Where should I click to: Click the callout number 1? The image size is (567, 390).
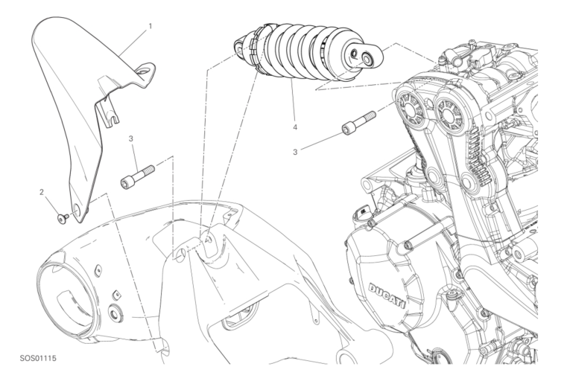click(150, 26)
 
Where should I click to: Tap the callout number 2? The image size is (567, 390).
click(42, 192)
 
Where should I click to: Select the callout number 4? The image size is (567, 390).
click(295, 127)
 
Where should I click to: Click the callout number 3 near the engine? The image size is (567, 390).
click(295, 152)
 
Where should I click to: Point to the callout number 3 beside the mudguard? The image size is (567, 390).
click(131, 138)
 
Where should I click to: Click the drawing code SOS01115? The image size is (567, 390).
click(38, 359)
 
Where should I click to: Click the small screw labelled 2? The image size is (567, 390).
click(63, 218)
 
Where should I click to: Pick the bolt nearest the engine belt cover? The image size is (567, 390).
click(358, 123)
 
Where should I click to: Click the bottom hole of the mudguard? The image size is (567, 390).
click(77, 208)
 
